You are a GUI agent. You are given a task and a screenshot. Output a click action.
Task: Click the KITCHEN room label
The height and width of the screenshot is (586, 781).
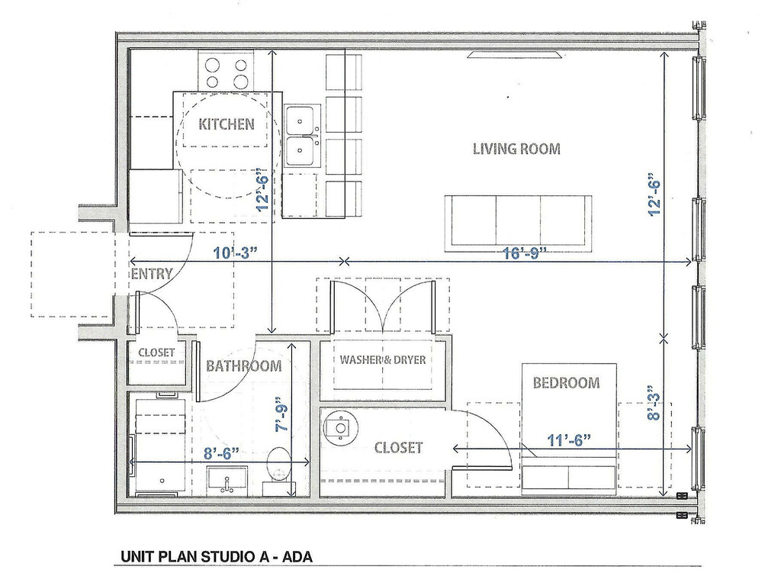227,124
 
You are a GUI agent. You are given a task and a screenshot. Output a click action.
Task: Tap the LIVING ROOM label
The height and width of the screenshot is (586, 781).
516,149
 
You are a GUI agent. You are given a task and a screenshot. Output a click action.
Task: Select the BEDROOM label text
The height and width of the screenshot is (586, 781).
567,383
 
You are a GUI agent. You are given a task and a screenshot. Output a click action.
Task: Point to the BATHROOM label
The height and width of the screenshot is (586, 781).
244,365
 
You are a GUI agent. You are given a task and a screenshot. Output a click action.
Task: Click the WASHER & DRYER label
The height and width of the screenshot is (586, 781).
383,359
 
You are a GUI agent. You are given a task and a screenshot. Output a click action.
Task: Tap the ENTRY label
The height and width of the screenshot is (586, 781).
152,274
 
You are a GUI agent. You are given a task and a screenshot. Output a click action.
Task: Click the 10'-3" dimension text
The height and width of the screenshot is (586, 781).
236,252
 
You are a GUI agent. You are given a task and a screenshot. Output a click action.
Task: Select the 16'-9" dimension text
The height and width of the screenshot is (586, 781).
525,253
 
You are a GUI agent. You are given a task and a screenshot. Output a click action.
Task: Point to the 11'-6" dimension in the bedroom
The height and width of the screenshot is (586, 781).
569,440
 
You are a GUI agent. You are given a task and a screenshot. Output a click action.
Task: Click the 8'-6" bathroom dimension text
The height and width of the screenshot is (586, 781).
221,453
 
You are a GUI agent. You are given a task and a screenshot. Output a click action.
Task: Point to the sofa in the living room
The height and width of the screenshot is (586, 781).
518,221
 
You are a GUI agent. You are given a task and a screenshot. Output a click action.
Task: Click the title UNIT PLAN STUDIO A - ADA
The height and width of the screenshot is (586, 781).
217,556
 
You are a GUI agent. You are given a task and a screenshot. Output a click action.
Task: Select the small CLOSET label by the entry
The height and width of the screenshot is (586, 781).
156,353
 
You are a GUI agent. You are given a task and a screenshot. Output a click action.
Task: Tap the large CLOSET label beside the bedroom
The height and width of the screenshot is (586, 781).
398,447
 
